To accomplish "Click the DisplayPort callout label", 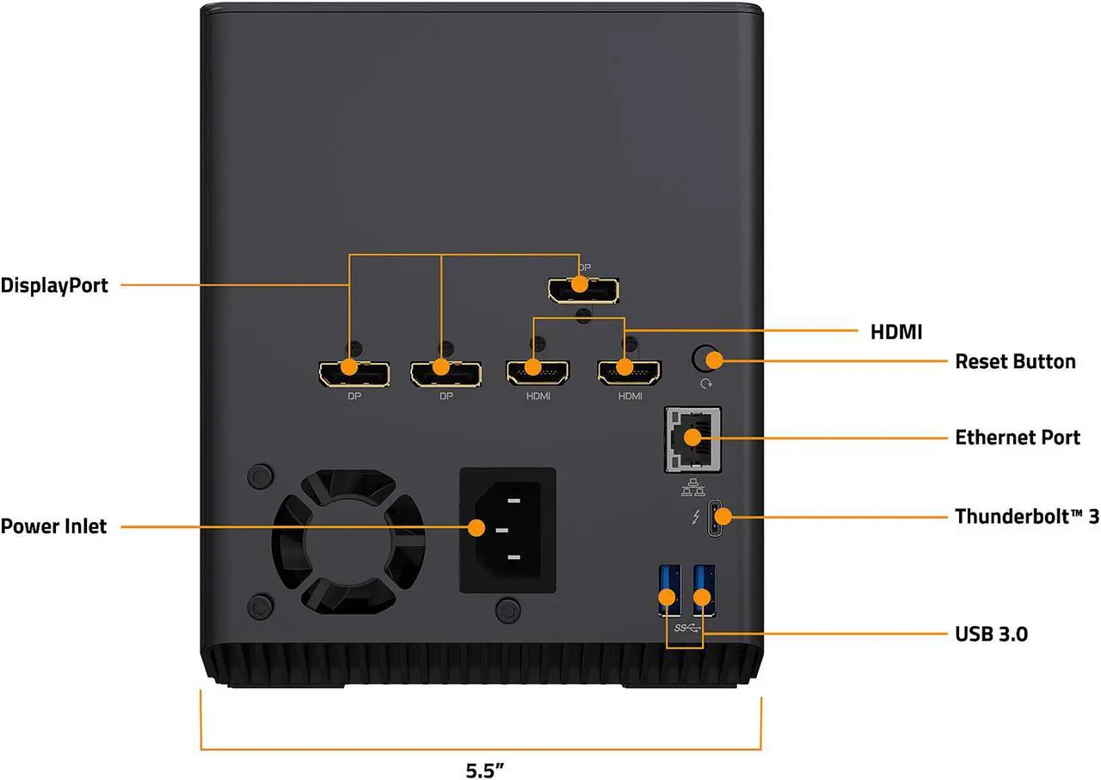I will (54, 286).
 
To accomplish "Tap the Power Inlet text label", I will (53, 525).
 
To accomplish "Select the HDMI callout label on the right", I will (896, 331).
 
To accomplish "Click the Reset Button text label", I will (1015, 361).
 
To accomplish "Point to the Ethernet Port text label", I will (1018, 438).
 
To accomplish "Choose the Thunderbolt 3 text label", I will (1027, 517).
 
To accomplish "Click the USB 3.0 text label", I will (991, 635).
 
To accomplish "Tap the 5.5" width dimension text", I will (483, 770).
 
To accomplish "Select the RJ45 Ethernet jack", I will (692, 439).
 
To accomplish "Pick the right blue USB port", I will (704, 590).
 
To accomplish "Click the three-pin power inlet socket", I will (507, 529).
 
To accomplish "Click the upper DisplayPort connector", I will (583, 290).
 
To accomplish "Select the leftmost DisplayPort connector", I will (354, 373).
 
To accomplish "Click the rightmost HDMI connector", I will (630, 372).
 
